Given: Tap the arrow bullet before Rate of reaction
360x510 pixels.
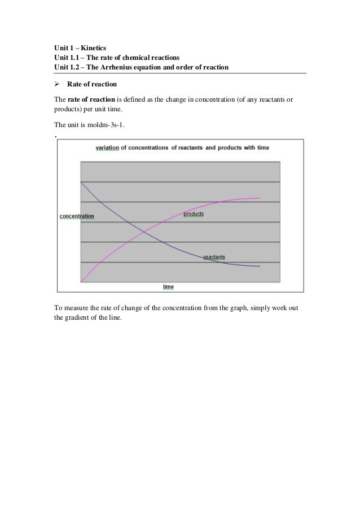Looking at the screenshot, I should click(x=57, y=85).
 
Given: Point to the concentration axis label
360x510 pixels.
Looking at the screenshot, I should click(x=77, y=216).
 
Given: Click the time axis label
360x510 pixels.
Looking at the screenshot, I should click(x=168, y=287).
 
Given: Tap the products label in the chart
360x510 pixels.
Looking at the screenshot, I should click(x=194, y=214).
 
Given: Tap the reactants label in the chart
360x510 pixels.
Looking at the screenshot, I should click(x=214, y=257).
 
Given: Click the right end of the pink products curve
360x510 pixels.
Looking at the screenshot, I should click(x=260, y=198).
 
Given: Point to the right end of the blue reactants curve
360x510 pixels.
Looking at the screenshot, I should click(x=260, y=266).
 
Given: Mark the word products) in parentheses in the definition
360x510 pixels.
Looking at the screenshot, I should click(x=69, y=110).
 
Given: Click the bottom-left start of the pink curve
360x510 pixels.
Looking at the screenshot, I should click(x=82, y=281).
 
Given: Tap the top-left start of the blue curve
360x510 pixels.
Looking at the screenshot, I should click(x=82, y=182).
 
